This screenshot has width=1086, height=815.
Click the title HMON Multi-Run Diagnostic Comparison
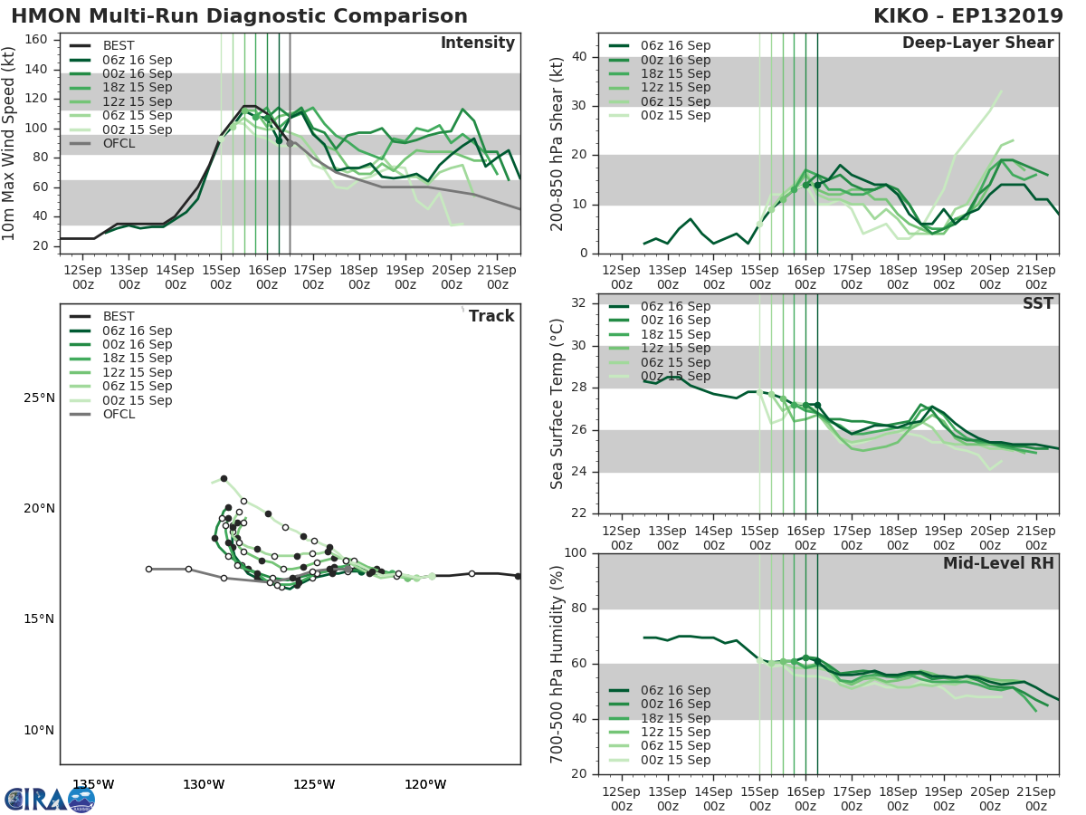pyautogui.click(x=240, y=16)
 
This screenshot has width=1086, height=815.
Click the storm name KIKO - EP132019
pyautogui.click(x=966, y=16)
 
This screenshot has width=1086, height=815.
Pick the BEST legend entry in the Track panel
pyautogui.click(x=118, y=316)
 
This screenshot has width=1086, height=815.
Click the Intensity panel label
pyautogui.click(x=477, y=43)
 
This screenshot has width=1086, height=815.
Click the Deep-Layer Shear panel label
pyautogui.click(x=977, y=43)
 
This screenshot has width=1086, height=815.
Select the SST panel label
pyautogui.click(x=1037, y=303)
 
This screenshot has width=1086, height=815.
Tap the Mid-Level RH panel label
pyautogui.click(x=998, y=564)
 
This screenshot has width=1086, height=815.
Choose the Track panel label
pyautogui.click(x=491, y=316)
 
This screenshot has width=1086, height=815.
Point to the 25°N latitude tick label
pyautogui.click(x=40, y=398)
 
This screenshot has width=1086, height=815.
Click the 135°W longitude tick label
pyautogui.click(x=93, y=784)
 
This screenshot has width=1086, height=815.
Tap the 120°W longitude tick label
pyautogui.click(x=425, y=784)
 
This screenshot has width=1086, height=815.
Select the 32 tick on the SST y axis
pyautogui.click(x=581, y=303)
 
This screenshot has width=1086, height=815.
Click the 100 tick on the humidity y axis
pyautogui.click(x=576, y=553)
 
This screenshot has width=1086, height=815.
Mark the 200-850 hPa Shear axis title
pyautogui.click(x=557, y=143)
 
